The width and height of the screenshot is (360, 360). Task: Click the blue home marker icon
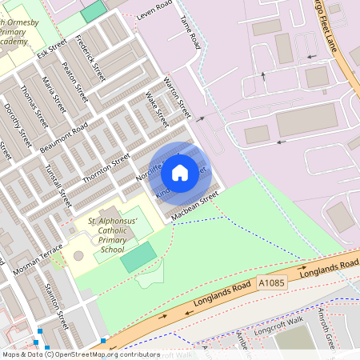click(180, 172)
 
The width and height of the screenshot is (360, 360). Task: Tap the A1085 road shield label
click(271, 282)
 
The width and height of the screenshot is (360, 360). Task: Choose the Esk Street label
click(52, 50)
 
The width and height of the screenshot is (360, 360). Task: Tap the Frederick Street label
click(90, 58)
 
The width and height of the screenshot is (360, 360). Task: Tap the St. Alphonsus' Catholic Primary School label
click(102, 234)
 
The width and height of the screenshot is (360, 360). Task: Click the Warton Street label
click(177, 97)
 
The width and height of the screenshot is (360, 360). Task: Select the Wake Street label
click(157, 110)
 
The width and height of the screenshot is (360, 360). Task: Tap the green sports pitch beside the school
click(138, 258)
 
